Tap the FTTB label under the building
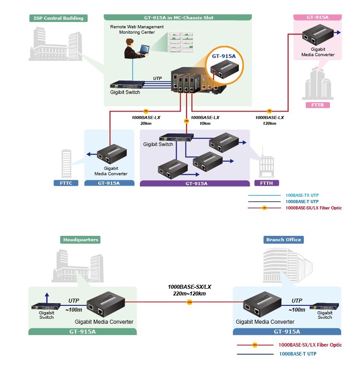317,105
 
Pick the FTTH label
266,183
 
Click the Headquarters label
80,239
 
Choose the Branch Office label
283,239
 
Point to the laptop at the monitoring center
143,49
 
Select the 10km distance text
204,123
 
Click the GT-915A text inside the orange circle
224,56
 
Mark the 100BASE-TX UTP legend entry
302,196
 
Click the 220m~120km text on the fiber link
189,294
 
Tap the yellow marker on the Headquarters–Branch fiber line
189,303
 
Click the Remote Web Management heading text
137,27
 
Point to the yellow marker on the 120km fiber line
269,110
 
